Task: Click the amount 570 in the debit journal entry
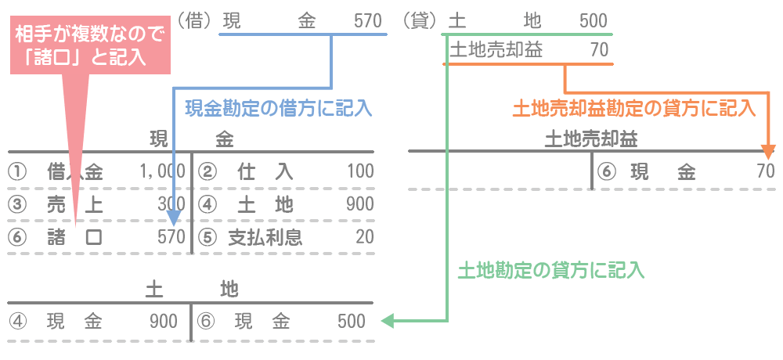(367, 21)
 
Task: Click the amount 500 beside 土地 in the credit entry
(593, 21)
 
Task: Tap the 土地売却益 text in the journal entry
(496, 50)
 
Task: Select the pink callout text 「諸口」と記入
(90, 57)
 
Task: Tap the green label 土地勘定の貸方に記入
(550, 271)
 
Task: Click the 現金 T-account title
(192, 139)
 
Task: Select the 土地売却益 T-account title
(591, 139)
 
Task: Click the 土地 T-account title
(192, 289)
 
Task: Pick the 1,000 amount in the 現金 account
(162, 171)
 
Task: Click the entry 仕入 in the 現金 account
(265, 171)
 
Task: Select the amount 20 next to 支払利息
(364, 236)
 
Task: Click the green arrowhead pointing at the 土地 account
(385, 320)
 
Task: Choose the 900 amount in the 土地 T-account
(164, 321)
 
